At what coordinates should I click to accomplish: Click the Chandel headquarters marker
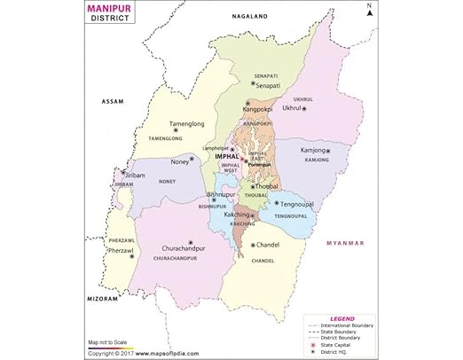pos(252,245)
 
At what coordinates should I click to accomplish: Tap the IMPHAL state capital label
pos(227,156)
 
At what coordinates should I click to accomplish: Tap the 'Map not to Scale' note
pos(109,342)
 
